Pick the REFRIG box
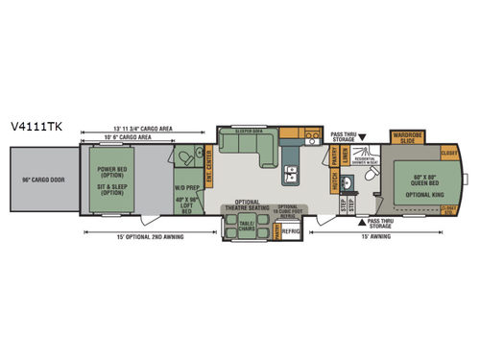291,230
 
